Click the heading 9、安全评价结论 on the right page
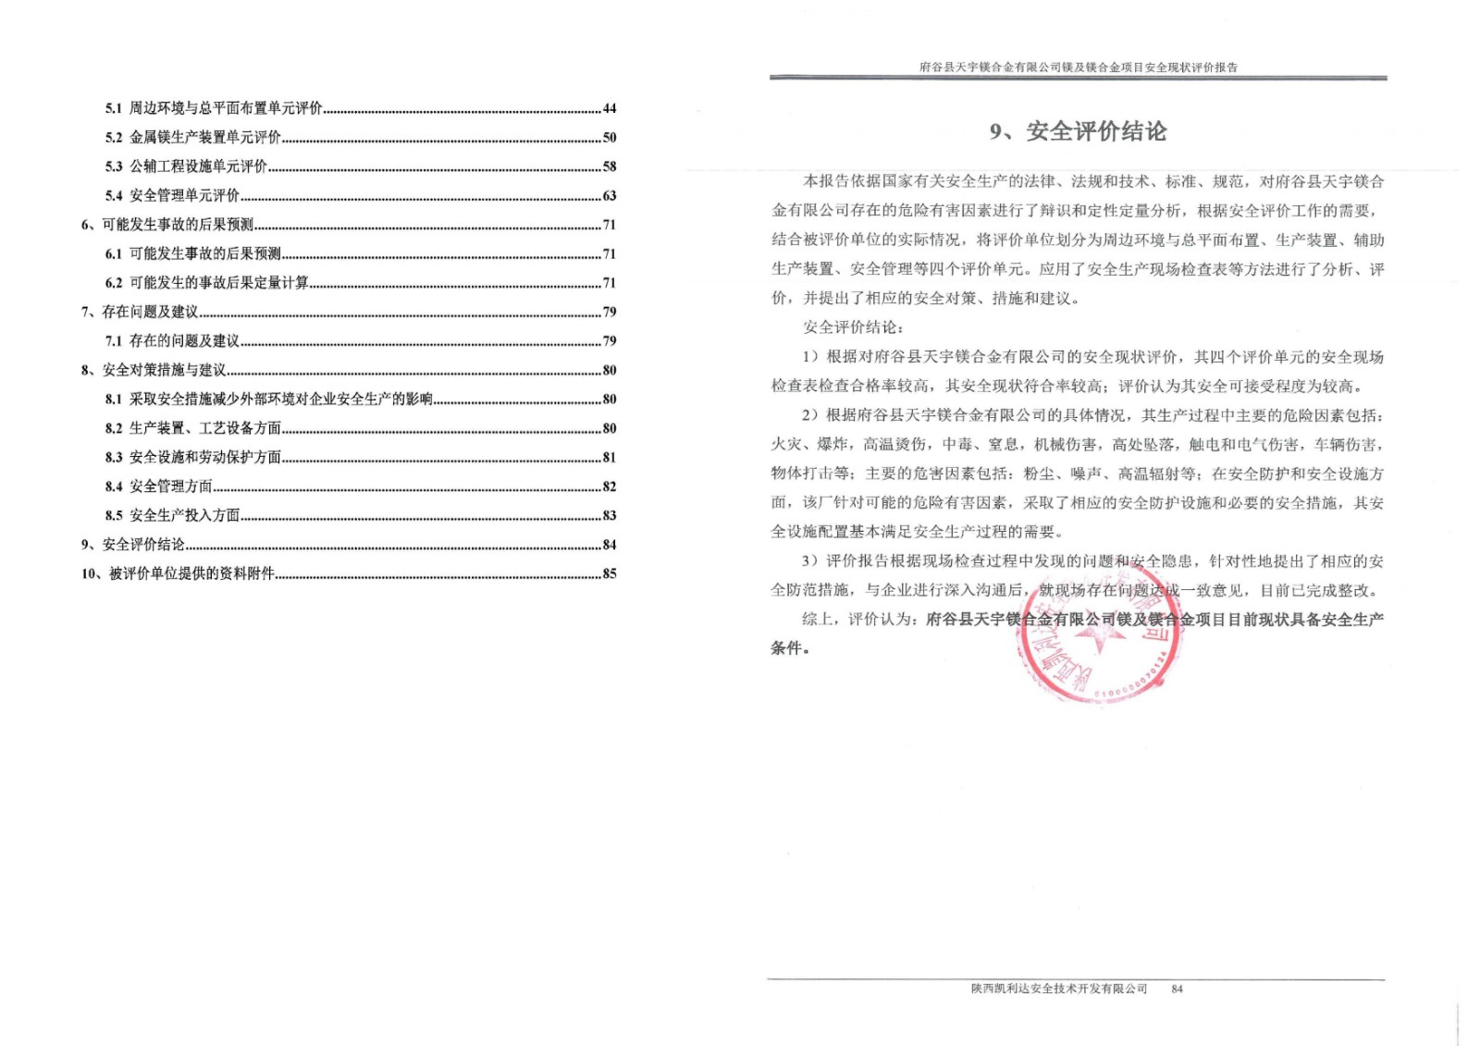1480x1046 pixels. (1078, 132)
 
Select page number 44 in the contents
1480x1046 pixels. (609, 108)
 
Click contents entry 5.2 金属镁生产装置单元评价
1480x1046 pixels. (204, 138)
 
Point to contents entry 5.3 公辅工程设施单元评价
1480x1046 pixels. (198, 166)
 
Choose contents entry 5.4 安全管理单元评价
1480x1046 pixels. (184, 196)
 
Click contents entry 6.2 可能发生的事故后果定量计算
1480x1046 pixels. (218, 283)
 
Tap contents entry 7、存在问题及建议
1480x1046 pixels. (140, 312)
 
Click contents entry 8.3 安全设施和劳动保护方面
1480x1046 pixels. (204, 458)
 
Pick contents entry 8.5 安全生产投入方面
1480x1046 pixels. (184, 516)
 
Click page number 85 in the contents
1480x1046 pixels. (609, 573)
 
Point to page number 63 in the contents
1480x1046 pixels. (609, 196)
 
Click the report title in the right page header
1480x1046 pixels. (1078, 68)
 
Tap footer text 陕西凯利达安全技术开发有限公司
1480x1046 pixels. (1058, 989)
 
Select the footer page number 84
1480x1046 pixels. (1177, 989)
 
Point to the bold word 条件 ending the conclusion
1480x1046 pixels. (787, 648)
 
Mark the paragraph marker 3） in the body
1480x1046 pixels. (811, 561)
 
